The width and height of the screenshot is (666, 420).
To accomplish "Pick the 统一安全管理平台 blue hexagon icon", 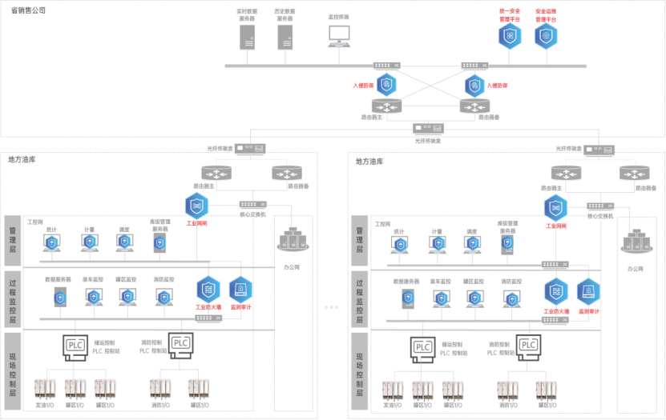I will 511,35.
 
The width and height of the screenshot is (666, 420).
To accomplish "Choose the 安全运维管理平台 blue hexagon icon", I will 547,35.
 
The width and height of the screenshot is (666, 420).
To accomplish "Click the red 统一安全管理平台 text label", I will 511,14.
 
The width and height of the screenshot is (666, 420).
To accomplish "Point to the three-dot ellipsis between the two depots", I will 332,307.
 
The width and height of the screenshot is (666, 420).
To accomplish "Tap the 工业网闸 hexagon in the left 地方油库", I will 196,206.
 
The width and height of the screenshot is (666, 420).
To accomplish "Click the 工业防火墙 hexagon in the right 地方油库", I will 555,291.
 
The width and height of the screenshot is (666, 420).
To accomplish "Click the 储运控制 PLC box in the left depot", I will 75,345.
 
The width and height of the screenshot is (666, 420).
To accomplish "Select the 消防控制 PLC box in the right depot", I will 528,345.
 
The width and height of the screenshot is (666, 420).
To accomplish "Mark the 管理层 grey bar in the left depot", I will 13,239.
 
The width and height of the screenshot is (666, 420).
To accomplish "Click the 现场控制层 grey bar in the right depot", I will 361,374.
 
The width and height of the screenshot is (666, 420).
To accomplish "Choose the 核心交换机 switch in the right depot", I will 599,206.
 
